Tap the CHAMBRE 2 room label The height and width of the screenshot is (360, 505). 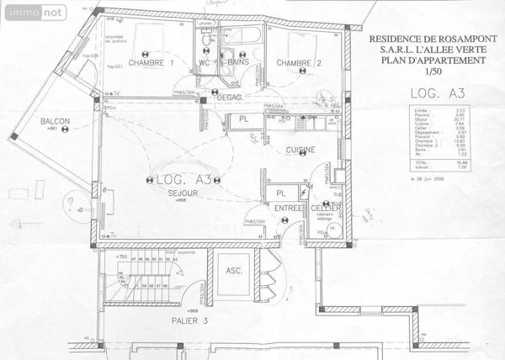click(x=299, y=63)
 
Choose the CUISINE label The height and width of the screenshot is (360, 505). click(x=300, y=151)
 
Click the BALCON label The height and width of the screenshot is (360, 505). click(x=55, y=122)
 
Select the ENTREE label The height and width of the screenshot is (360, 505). click(x=288, y=208)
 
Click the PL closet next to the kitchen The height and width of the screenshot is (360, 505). click(x=243, y=120)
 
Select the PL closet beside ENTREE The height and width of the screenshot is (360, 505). click(x=280, y=194)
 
